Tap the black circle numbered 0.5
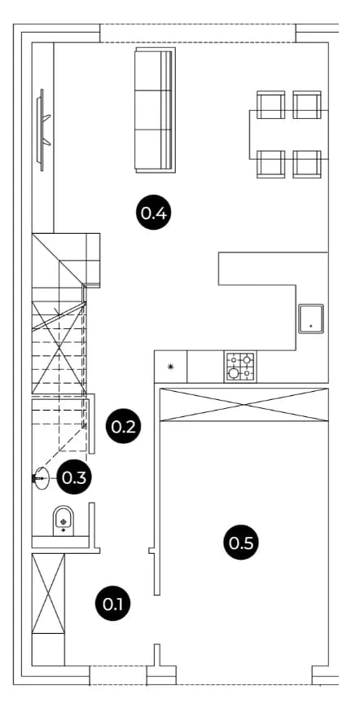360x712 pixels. [241, 543]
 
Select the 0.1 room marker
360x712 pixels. [113, 604]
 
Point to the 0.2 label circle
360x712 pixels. [124, 426]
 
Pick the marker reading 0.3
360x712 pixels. [74, 477]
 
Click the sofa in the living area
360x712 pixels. [156, 110]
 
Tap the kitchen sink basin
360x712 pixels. [311, 319]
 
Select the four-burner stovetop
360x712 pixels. [240, 366]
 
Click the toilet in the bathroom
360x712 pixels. [64, 521]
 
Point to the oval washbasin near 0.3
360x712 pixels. [42, 478]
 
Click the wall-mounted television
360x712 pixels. [42, 130]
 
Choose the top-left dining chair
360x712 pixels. [271, 104]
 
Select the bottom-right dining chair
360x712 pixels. [307, 164]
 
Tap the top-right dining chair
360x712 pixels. [307, 104]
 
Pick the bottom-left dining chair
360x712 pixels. [271, 164]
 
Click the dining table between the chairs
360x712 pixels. [288, 134]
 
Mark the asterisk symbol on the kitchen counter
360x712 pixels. [171, 367]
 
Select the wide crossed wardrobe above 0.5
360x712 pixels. [244, 405]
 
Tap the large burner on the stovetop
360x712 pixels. [234, 373]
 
